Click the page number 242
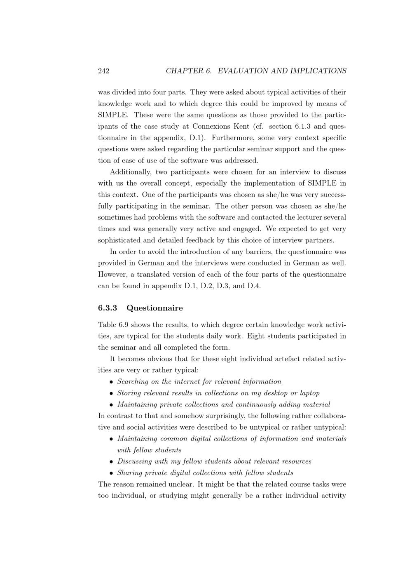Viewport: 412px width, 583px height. [x=103, y=71]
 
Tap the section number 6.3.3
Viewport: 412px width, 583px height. [x=108, y=308]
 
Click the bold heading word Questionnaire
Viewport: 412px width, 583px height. [x=154, y=308]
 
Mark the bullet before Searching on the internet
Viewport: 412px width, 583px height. [x=111, y=382]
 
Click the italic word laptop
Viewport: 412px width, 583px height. [x=309, y=393]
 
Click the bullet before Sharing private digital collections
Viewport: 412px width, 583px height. [x=111, y=473]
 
